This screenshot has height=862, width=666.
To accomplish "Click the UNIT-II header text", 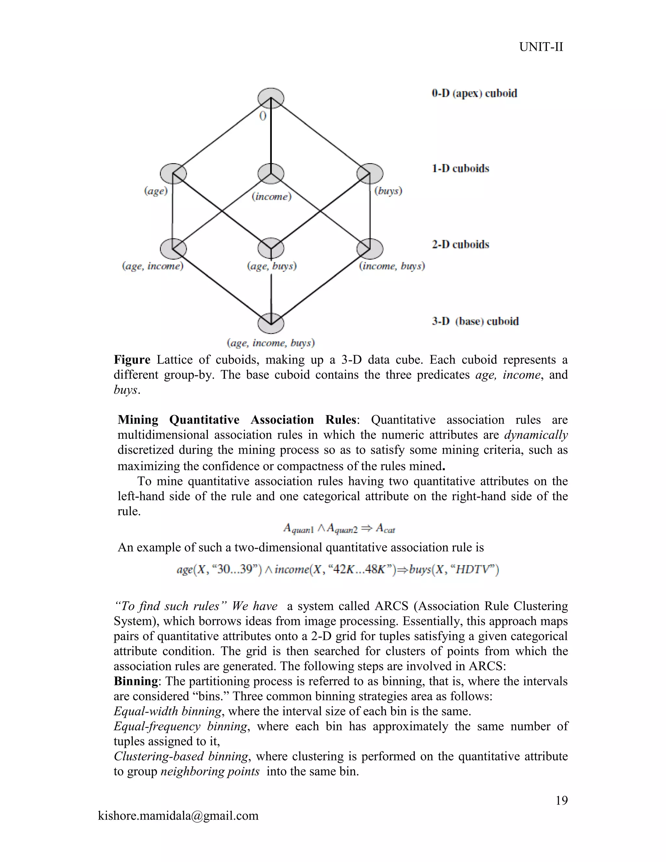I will [x=541, y=47].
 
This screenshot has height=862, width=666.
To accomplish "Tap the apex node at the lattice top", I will [x=271, y=98].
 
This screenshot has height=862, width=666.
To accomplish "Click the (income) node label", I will [x=272, y=196].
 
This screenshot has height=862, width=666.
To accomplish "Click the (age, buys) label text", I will [x=272, y=266].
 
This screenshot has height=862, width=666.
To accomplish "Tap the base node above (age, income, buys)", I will [x=271, y=324].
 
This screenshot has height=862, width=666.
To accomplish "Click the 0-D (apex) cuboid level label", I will [x=474, y=94].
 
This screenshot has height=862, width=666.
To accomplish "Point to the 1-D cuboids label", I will [x=460, y=168].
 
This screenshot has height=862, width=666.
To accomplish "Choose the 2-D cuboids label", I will [x=460, y=244].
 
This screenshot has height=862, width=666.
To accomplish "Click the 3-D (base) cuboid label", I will [x=475, y=321].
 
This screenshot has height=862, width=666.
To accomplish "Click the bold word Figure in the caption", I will [x=132, y=360].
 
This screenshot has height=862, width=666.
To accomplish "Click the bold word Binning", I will [x=136, y=681].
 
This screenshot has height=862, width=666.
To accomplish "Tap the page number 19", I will [x=561, y=801].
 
